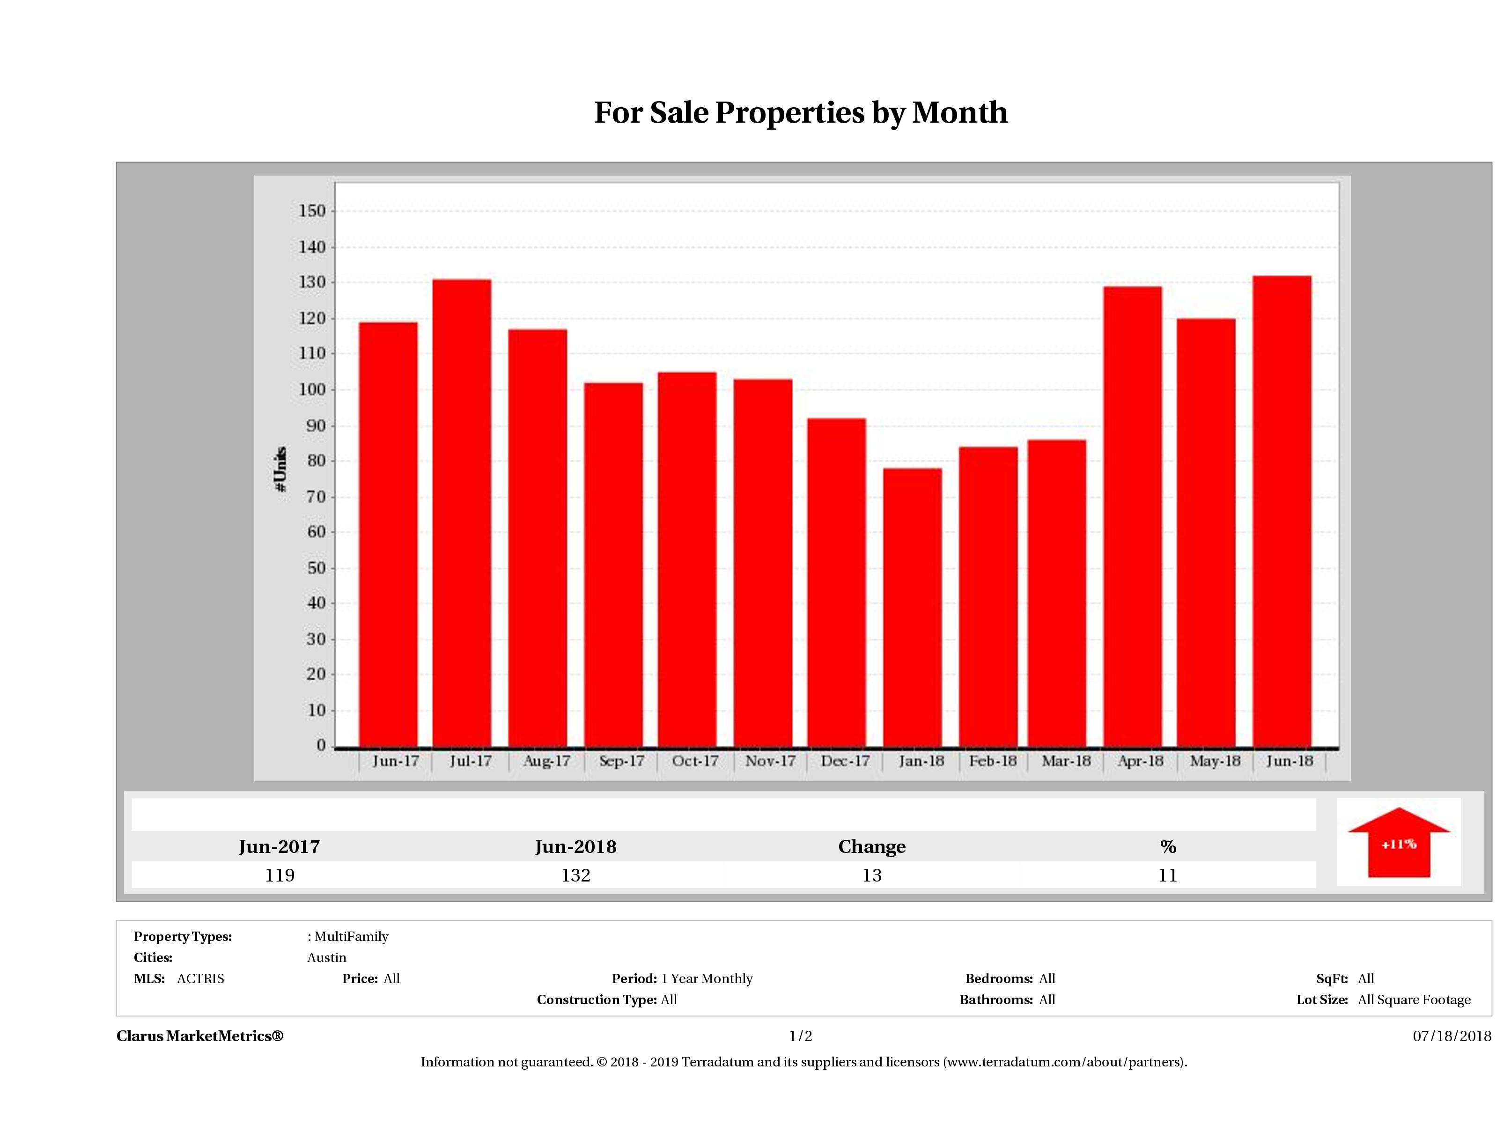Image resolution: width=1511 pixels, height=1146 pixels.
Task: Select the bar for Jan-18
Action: [x=912, y=608]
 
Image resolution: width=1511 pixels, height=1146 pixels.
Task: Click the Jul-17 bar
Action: [x=462, y=512]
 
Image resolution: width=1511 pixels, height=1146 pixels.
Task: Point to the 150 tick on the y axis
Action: [x=312, y=211]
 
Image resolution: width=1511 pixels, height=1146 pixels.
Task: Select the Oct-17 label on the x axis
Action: [x=695, y=761]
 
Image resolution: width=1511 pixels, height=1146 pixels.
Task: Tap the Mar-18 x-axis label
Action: [x=1066, y=761]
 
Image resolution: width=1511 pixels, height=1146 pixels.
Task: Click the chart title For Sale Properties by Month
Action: [x=801, y=113]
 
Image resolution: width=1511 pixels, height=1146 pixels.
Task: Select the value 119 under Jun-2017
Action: [x=280, y=875]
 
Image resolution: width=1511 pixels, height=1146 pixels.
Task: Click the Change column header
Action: [x=872, y=847]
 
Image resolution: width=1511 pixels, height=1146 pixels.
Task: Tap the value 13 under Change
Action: [x=872, y=875]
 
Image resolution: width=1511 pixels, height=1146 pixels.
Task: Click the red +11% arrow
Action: [x=1398, y=844]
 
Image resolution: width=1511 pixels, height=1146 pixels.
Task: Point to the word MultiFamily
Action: [x=351, y=936]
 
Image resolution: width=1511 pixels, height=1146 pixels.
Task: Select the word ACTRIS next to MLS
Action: [x=200, y=979]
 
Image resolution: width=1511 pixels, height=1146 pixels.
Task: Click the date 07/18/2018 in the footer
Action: [x=1452, y=1036]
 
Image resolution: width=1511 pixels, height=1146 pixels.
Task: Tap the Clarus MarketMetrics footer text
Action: [x=199, y=1036]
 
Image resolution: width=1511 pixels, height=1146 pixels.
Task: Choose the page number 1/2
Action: [x=801, y=1036]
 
